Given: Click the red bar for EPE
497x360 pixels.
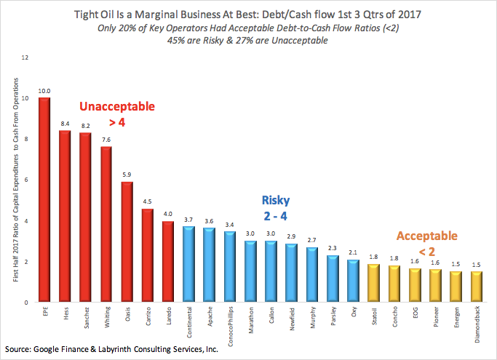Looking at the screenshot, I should coord(44,200).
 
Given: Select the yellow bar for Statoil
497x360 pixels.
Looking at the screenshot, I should coord(374,284).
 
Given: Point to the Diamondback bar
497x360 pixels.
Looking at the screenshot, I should coord(477,287).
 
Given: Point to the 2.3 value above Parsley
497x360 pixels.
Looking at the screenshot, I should coord(333,249).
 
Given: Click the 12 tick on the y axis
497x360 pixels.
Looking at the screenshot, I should coord(26,57).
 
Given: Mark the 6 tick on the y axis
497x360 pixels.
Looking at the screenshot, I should coord(27,180).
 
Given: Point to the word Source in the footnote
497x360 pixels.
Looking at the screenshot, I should coord(19,349).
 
